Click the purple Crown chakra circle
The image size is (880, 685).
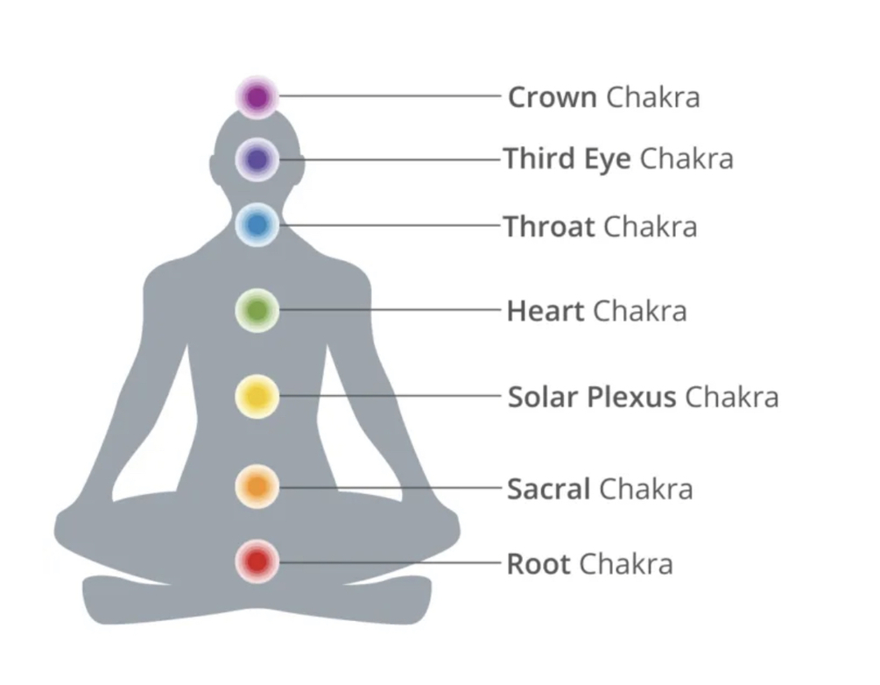[257, 96]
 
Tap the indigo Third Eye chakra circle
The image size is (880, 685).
[257, 159]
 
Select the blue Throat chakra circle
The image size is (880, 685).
[257, 225]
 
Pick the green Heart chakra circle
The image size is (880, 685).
[257, 309]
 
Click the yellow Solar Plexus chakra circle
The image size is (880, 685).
[257, 396]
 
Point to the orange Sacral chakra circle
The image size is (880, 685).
[257, 486]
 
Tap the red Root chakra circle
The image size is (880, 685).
[257, 561]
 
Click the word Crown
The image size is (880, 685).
[552, 96]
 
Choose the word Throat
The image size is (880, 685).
[549, 227]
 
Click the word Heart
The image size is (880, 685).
[545, 311]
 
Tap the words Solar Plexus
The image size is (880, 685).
[592, 397]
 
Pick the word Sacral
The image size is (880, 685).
[548, 488]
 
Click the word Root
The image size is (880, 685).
[539, 563]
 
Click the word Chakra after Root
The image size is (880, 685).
[626, 563]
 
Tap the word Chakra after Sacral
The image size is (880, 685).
[645, 488]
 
